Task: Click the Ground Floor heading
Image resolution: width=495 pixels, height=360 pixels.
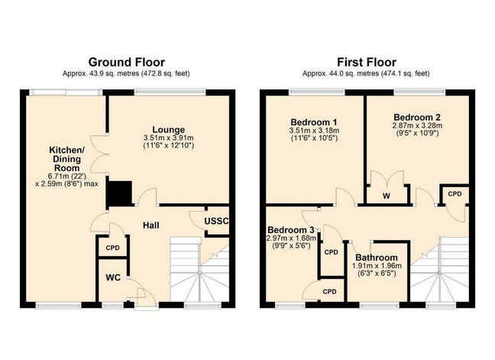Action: [x=126, y=61]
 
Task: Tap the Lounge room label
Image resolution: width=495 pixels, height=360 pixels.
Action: [x=168, y=128]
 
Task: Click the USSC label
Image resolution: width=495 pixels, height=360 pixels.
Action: [x=217, y=222]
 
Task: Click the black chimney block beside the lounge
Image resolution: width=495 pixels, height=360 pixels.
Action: [x=119, y=193]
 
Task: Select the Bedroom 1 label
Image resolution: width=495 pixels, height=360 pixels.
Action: [x=314, y=122]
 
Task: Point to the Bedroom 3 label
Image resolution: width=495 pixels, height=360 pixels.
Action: [x=290, y=230]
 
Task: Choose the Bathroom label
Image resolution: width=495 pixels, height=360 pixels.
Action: [x=375, y=258]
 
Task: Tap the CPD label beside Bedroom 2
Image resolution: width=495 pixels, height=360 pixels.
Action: [x=455, y=194]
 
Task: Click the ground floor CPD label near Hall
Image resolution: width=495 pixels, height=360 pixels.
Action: [x=112, y=248]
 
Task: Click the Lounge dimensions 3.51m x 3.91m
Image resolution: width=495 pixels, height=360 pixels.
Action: [x=168, y=138]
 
